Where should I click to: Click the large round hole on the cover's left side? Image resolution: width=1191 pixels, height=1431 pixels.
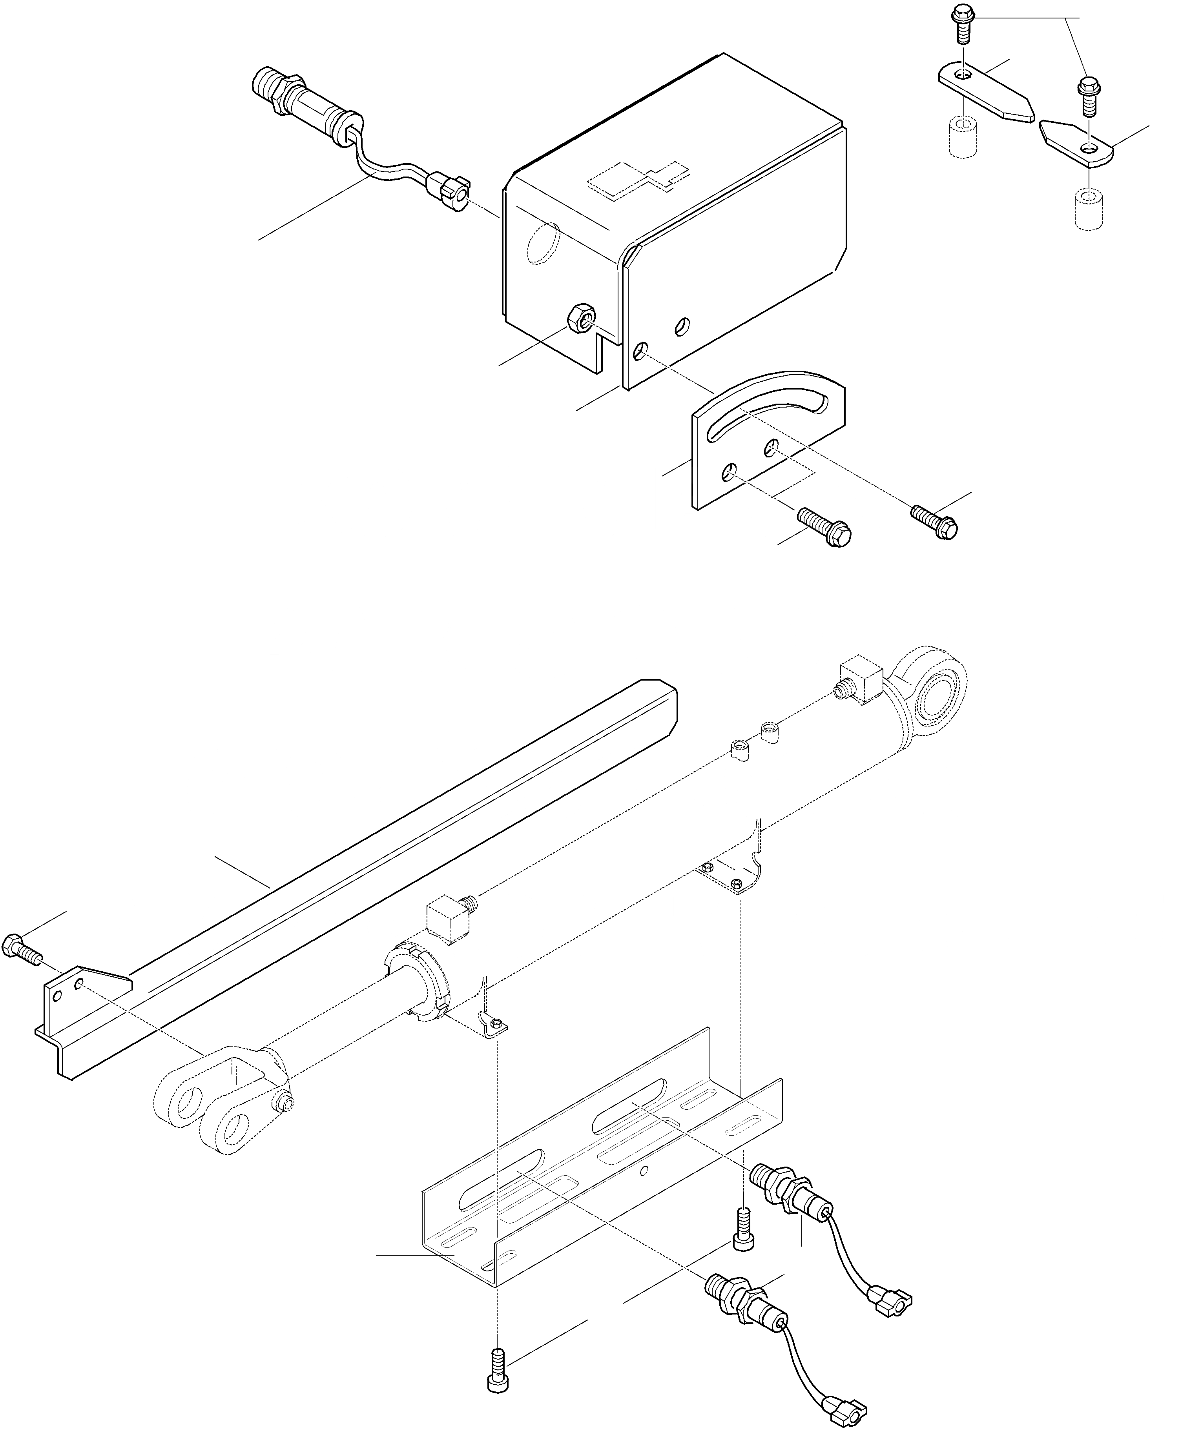(x=544, y=242)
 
